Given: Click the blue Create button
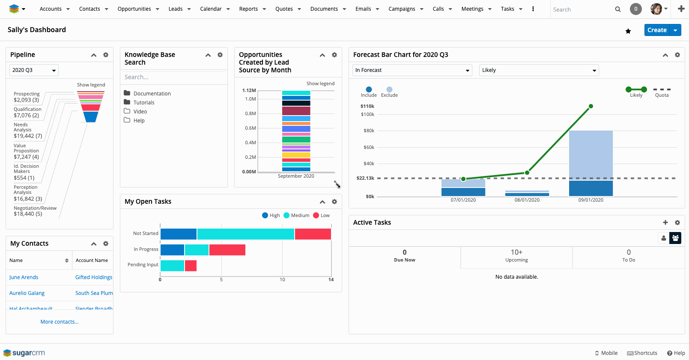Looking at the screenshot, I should pyautogui.click(x=656, y=30).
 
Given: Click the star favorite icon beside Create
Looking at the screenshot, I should pyautogui.click(x=628, y=31).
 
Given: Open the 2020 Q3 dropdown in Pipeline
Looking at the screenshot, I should pyautogui.click(x=34, y=70).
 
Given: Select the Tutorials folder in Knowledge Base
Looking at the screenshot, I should pyautogui.click(x=143, y=103).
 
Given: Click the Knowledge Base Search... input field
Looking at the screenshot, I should pyautogui.click(x=173, y=77).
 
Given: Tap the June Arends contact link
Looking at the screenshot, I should pyautogui.click(x=24, y=277).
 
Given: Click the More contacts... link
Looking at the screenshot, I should pyautogui.click(x=60, y=322).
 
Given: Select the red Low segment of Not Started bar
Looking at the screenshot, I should pyautogui.click(x=313, y=234).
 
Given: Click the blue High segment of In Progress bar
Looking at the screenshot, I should pyautogui.click(x=172, y=250).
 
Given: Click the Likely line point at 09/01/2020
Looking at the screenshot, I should pyautogui.click(x=591, y=106).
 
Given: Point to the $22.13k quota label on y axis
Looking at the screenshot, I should pyautogui.click(x=365, y=178).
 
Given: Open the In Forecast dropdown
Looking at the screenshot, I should pyautogui.click(x=412, y=70).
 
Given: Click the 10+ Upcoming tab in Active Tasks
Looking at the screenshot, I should pyautogui.click(x=516, y=256).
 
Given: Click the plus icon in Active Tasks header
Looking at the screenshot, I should pyautogui.click(x=665, y=223).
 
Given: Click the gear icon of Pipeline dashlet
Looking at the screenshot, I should pyautogui.click(x=106, y=55).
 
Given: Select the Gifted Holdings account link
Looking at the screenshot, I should pyautogui.click(x=94, y=277).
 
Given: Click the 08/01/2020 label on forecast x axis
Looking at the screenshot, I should pyautogui.click(x=527, y=200).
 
